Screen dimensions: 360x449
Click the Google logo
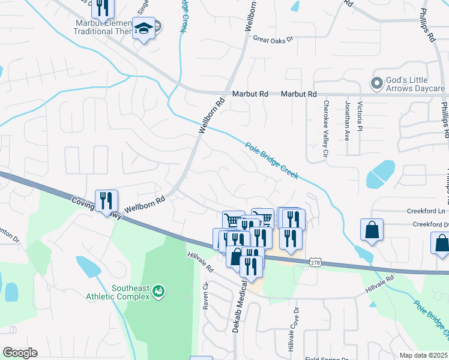click(x=19, y=353)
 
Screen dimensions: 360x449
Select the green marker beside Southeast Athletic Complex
click(x=158, y=291)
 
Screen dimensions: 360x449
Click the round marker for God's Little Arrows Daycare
click(x=377, y=83)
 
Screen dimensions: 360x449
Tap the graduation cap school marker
click(x=143, y=28)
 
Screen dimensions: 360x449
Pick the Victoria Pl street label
click(x=360, y=116)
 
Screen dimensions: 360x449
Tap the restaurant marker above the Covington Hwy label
click(x=106, y=200)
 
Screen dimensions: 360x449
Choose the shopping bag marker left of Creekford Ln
click(x=372, y=229)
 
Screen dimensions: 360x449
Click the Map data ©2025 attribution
click(x=423, y=355)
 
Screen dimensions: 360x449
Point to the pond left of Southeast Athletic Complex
click(x=88, y=265)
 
